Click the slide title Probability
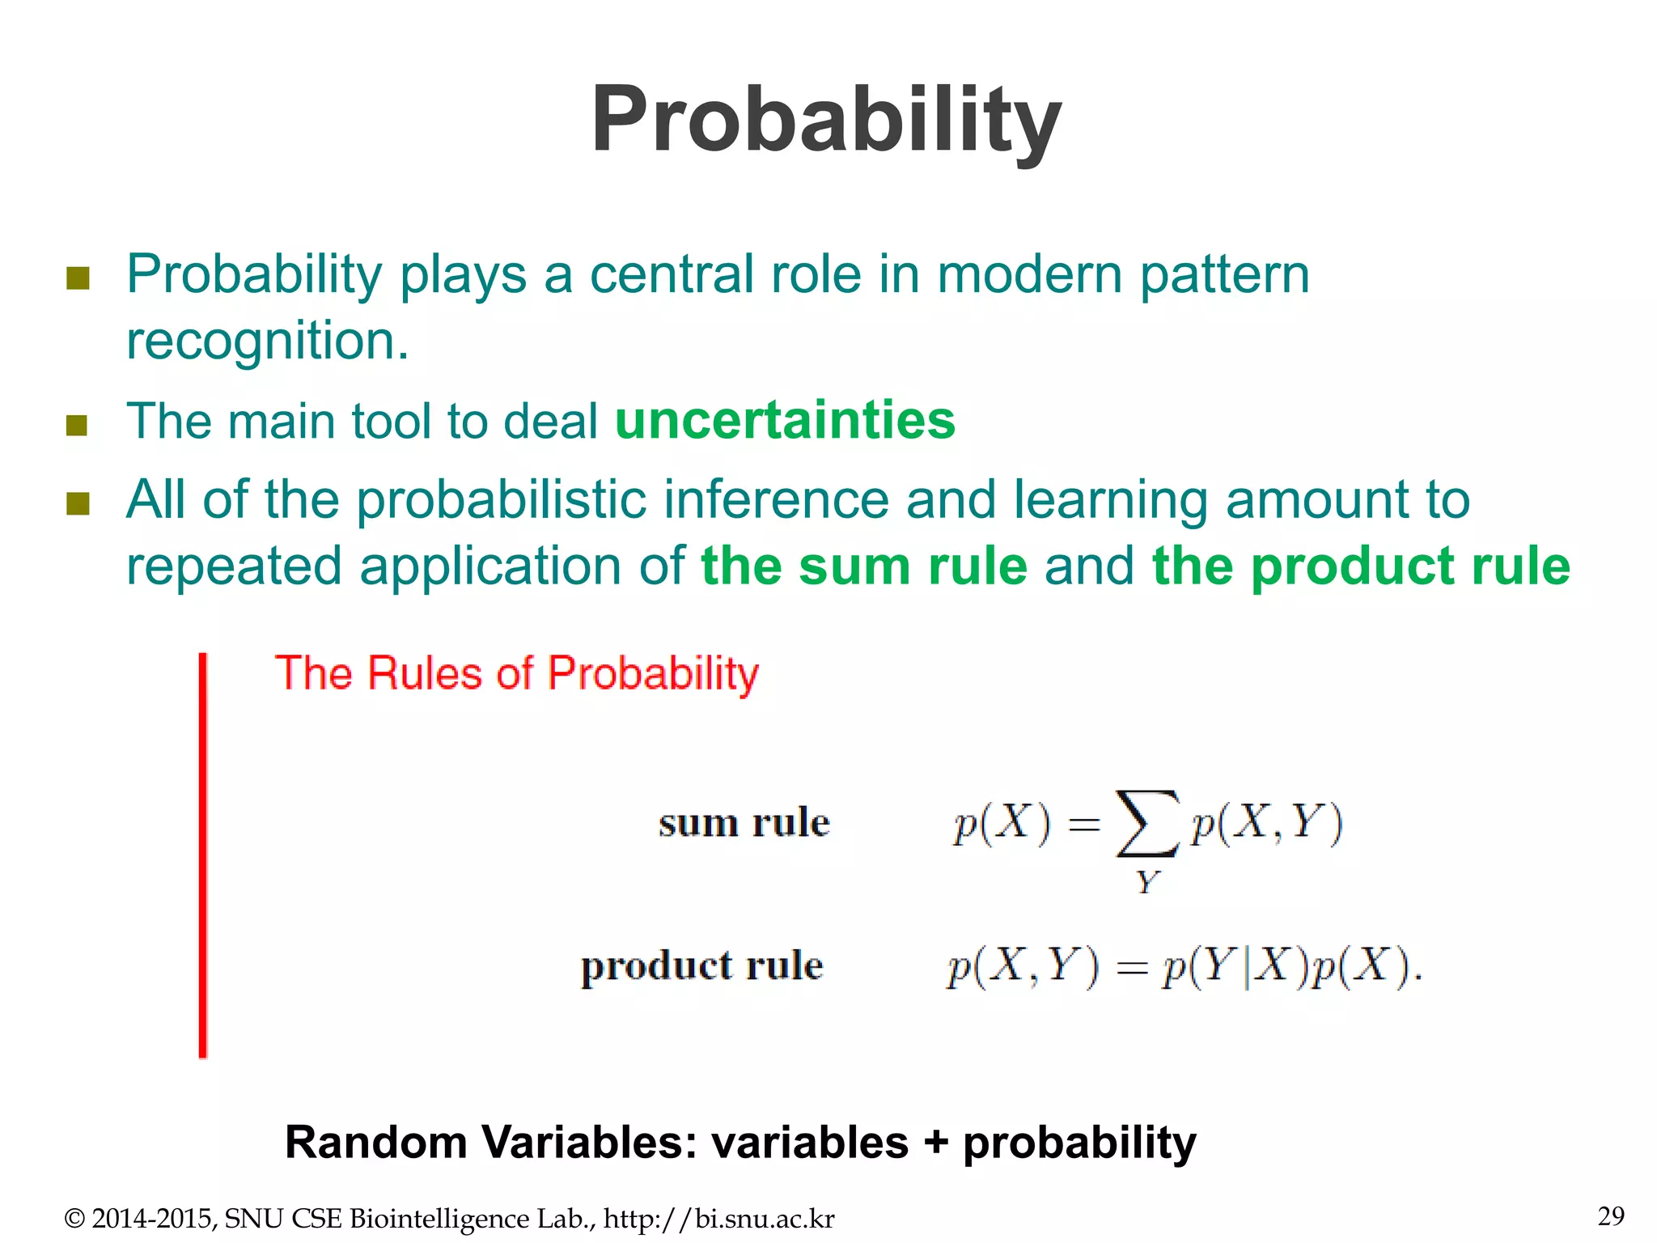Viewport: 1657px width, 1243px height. [826, 120]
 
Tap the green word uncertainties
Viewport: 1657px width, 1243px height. [785, 420]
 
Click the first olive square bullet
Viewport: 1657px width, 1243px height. [78, 278]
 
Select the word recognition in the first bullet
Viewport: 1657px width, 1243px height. [268, 341]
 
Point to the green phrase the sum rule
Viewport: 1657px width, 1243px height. [863, 566]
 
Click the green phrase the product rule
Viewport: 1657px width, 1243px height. [1360, 566]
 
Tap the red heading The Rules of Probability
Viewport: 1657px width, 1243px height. [516, 673]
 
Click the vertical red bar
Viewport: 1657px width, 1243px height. [203, 855]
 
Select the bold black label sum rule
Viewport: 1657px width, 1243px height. [744, 823]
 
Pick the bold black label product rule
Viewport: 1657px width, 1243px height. [701, 966]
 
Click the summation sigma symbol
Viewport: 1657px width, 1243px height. [1146, 823]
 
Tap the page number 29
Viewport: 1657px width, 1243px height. [1610, 1215]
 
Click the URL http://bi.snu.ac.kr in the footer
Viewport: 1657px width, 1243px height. [718, 1219]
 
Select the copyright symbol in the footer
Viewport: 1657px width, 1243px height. [74, 1219]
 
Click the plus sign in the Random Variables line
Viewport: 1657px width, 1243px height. [935, 1143]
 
